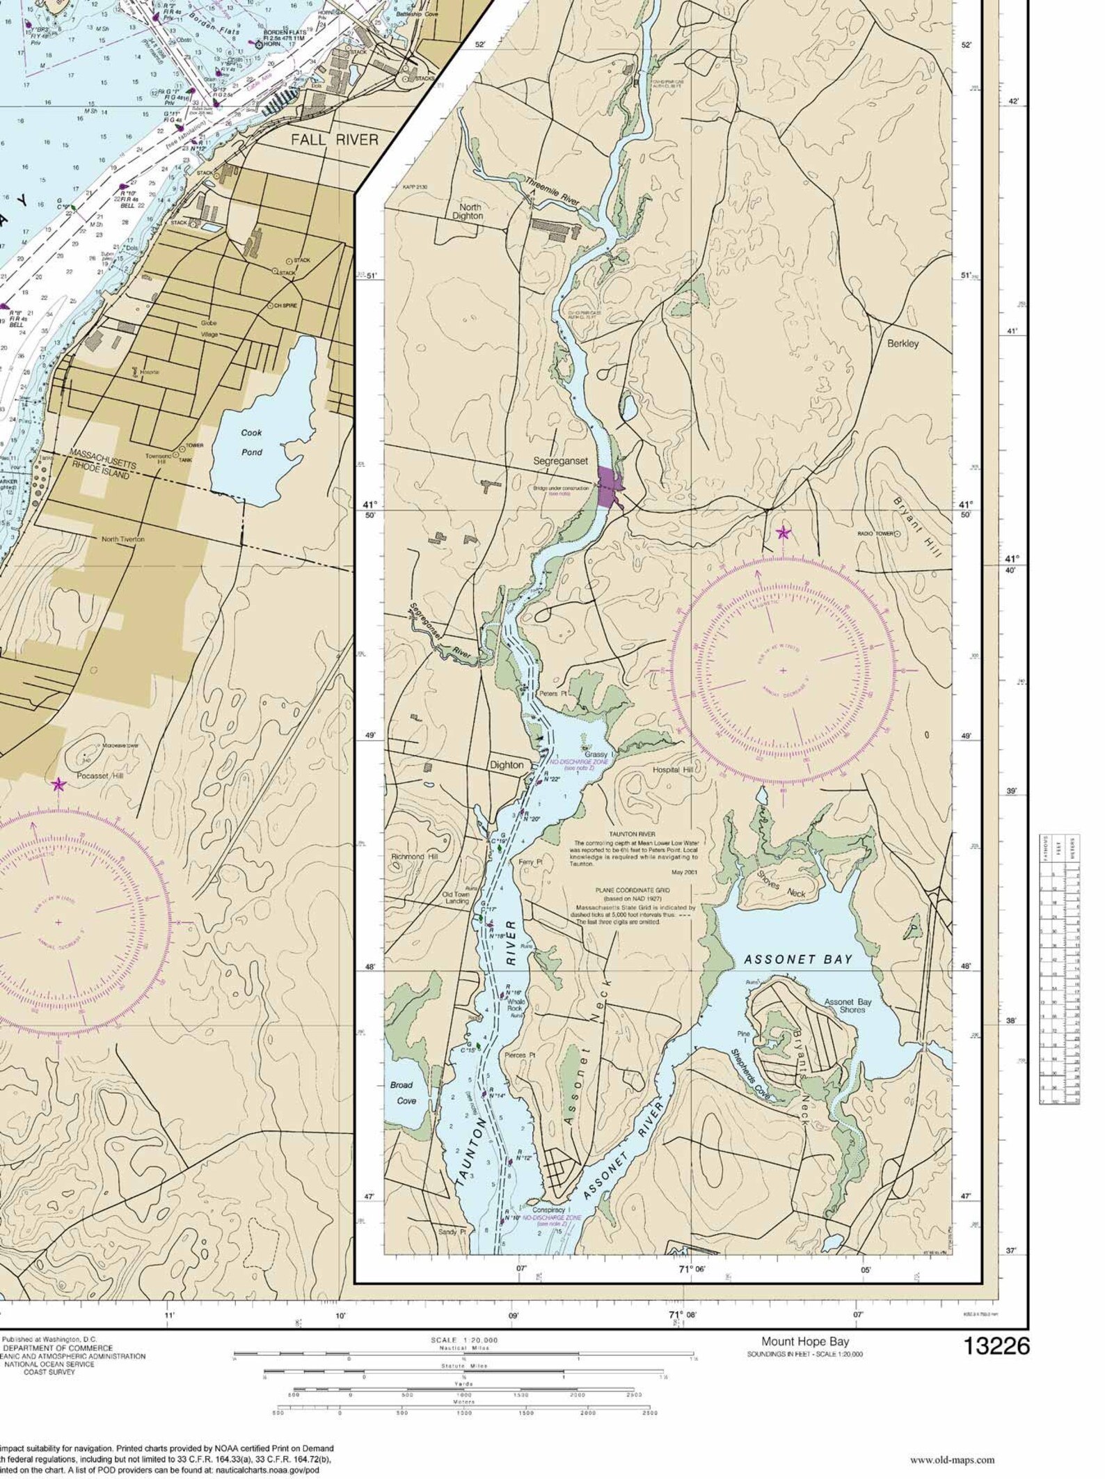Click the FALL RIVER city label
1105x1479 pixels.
coord(335,139)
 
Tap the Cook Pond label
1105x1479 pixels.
coord(251,442)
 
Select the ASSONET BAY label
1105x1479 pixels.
coord(797,959)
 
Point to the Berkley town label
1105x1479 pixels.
coord(903,343)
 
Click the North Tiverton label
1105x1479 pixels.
coord(123,539)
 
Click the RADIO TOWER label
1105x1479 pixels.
coord(874,534)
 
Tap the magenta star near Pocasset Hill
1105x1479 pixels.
coord(58,784)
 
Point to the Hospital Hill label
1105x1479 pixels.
coord(672,770)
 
